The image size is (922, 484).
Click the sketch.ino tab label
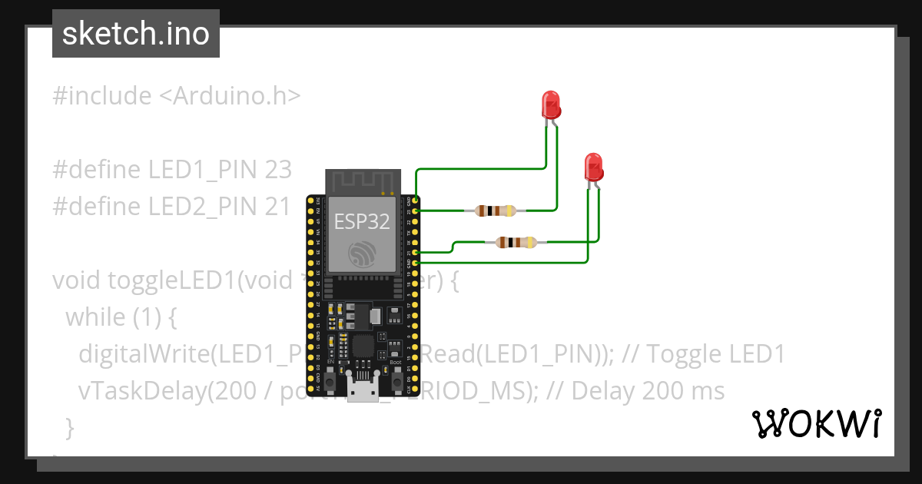[x=136, y=34]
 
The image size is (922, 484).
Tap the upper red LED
[x=550, y=104]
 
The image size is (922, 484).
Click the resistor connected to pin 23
[x=496, y=211]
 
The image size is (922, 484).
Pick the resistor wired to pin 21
[x=516, y=243]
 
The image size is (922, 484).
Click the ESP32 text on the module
[x=361, y=222]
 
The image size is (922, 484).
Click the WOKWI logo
[x=815, y=423]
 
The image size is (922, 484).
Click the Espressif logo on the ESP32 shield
[x=361, y=254]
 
